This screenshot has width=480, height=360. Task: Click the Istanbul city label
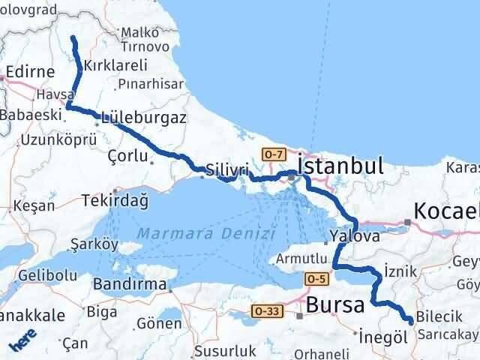[340, 166]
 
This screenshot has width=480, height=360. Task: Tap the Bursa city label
[334, 305]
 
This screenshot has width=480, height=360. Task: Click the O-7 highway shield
[274, 154]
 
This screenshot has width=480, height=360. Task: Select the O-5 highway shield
[316, 279]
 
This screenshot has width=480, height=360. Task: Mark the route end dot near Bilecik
[410, 322]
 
